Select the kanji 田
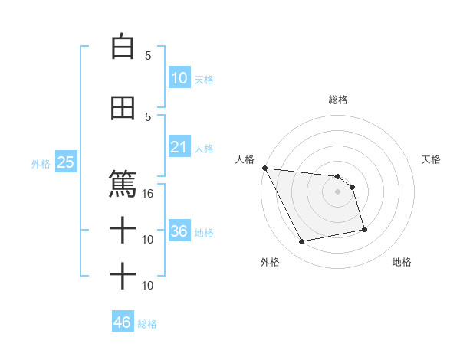(x=123, y=108)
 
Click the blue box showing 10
(x=179, y=77)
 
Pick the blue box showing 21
(x=179, y=146)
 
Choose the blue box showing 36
(x=179, y=231)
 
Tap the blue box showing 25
(x=65, y=162)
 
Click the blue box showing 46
(x=123, y=322)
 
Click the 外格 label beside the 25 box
(x=41, y=163)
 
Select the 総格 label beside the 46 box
(x=147, y=324)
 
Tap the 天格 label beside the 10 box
(x=203, y=80)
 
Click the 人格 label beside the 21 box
(x=203, y=149)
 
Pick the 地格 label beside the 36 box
(x=203, y=233)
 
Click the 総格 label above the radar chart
(x=338, y=100)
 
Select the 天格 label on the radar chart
(x=432, y=159)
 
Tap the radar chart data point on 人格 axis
(x=264, y=168)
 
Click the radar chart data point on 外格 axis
(x=302, y=242)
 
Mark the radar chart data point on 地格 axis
(x=364, y=229)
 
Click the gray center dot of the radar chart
(x=338, y=191)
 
